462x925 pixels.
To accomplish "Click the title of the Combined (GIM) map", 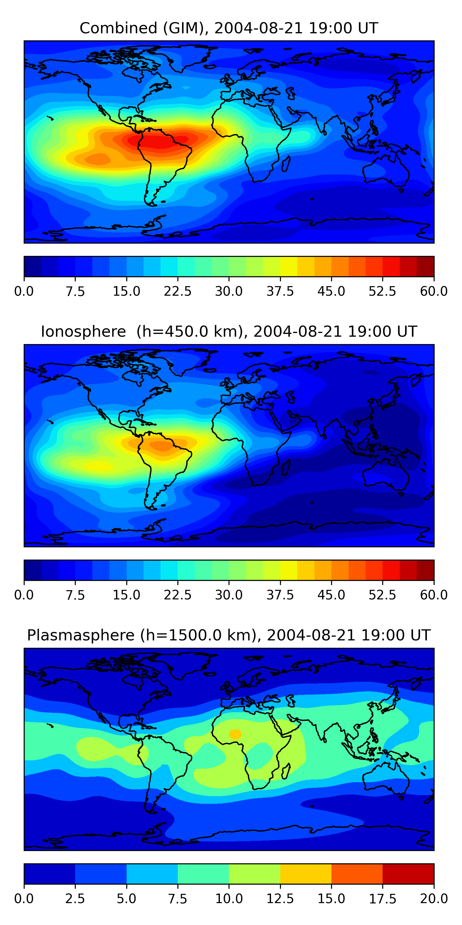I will (229, 28).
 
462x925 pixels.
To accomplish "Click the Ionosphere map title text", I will (229, 331).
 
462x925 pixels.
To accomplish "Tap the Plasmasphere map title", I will (229, 635).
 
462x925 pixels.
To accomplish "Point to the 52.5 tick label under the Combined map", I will (382, 291).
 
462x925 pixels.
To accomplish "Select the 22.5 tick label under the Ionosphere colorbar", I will (177, 595).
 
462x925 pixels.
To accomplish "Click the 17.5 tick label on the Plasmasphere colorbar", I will (382, 899).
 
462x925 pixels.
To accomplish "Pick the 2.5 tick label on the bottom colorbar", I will (75, 899).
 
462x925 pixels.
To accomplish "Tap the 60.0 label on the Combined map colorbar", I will (434, 291).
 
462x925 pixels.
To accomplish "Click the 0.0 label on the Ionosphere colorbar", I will (24, 595).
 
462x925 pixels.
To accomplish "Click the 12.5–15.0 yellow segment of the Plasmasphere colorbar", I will (306, 874).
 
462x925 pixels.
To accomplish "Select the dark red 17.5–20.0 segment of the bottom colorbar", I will (408, 874).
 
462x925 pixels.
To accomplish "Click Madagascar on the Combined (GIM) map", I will (286, 163).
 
